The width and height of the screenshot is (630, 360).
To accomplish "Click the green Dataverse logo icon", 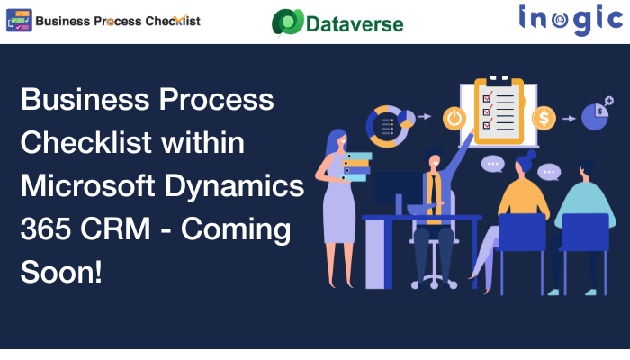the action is (x=288, y=22).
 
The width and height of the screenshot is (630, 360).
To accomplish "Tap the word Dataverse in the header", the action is (x=355, y=24).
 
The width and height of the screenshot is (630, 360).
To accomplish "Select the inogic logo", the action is (x=571, y=20).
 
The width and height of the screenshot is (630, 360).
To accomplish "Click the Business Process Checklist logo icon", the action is (x=19, y=21).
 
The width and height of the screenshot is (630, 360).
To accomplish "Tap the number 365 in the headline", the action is (x=45, y=229).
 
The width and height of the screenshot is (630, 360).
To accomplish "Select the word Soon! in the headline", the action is (x=61, y=272).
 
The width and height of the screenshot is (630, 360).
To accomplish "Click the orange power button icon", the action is (x=454, y=119).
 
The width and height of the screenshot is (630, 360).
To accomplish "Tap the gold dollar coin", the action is (x=544, y=119).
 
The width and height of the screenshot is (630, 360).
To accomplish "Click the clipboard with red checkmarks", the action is (x=499, y=110).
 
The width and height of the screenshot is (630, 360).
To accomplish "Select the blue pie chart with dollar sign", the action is (x=594, y=117).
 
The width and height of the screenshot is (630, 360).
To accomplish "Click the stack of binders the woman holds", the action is (x=356, y=166).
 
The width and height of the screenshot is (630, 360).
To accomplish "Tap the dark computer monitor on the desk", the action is (x=398, y=189).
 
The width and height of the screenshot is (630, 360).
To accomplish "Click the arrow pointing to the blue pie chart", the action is (x=569, y=119).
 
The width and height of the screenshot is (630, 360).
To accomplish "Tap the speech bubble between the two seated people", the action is (x=549, y=173).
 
